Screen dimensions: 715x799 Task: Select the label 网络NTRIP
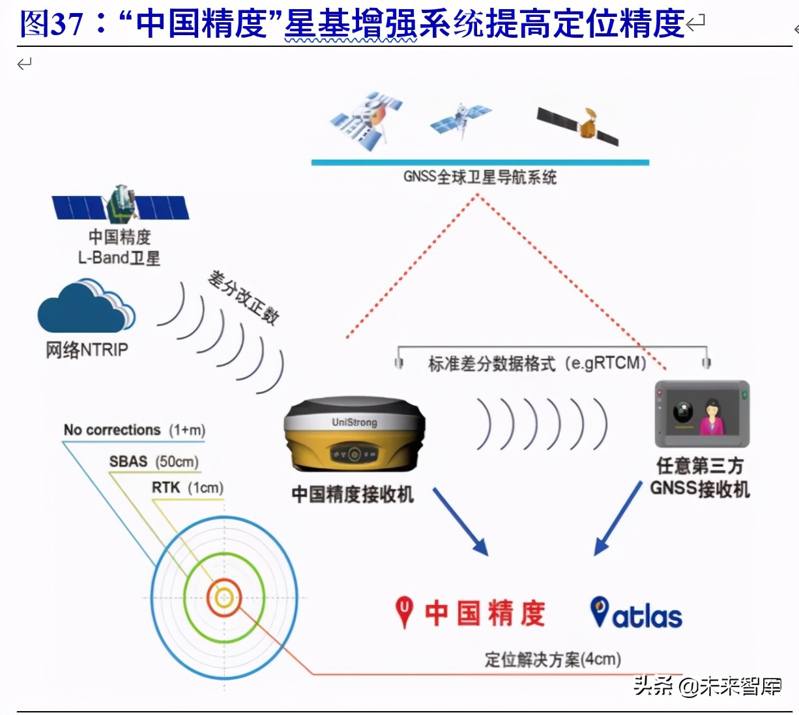87,350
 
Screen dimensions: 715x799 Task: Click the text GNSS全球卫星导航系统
480,177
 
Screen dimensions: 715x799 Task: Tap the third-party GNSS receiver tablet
702,414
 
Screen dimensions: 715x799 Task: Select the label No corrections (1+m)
134,430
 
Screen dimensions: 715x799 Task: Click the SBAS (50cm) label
154,462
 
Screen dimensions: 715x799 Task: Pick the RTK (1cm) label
188,488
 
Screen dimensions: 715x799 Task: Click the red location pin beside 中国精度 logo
405,612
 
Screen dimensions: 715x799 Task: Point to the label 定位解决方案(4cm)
553,660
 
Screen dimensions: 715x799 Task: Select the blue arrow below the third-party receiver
618,518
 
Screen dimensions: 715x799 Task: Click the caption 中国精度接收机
353,494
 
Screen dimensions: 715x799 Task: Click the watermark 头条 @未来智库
708,686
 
